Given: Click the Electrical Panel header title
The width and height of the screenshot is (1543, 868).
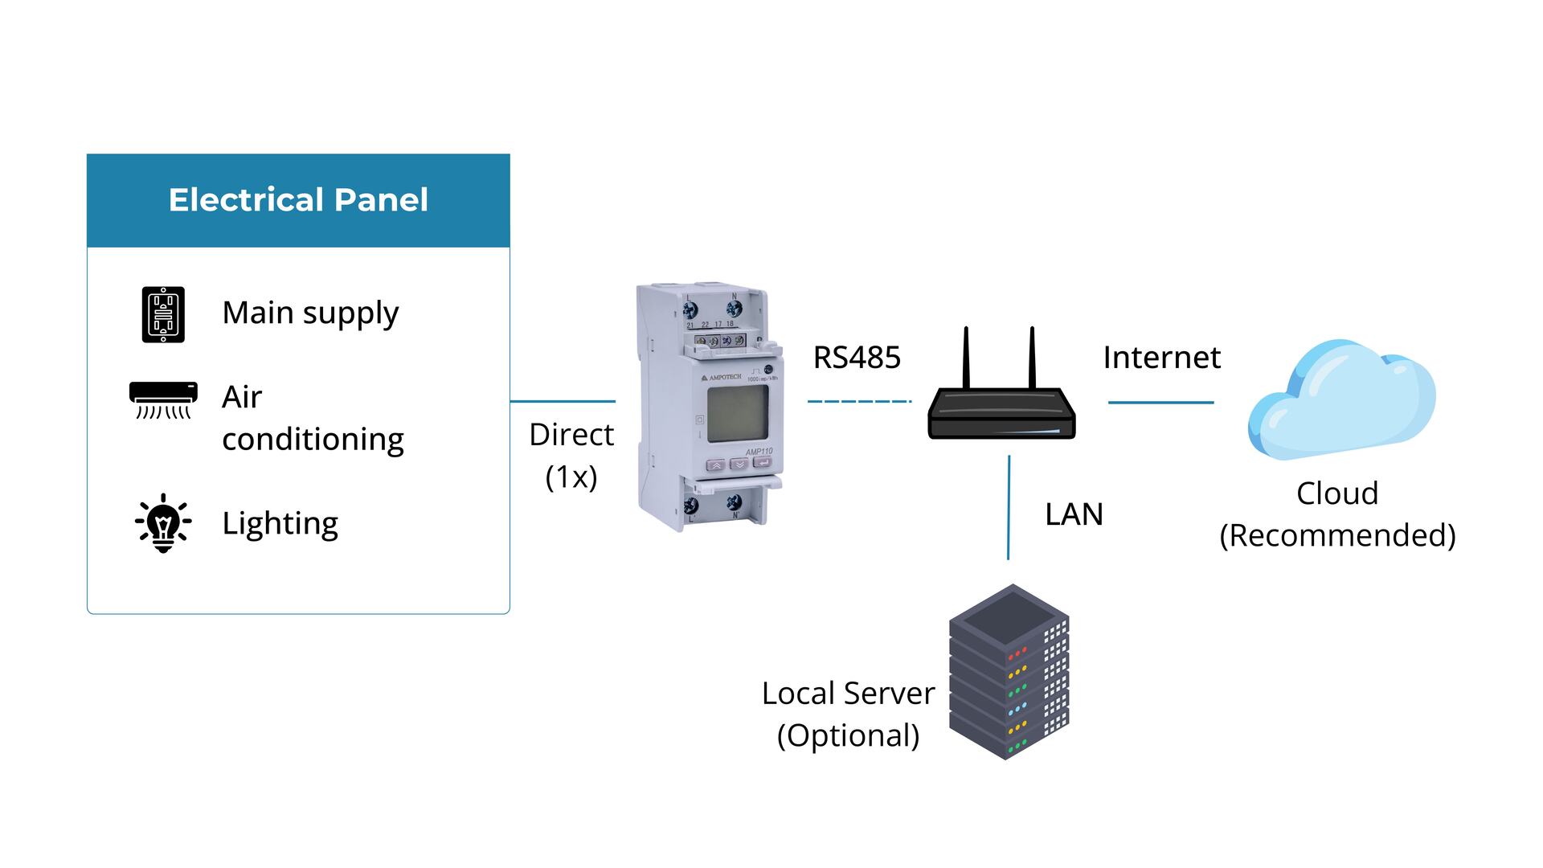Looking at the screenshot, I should point(298,200).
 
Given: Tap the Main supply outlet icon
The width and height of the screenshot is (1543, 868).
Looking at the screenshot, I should point(163,314).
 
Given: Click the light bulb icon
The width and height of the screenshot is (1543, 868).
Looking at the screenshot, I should point(163,523).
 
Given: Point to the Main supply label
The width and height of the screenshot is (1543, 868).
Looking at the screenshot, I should point(310,313).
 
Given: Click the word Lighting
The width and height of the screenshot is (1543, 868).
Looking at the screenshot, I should point(280,523).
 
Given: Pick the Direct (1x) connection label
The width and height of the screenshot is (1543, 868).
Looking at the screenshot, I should point(571,455).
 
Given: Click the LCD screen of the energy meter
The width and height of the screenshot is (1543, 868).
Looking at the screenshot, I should point(737,413).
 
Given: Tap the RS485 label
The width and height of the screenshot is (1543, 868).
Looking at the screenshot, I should point(857,358).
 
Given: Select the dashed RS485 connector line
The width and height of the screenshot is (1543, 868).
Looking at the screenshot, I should point(859,401).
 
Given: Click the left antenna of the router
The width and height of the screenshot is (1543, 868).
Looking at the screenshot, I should point(966,358).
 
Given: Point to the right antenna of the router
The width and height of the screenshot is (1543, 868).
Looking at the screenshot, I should point(1032,358).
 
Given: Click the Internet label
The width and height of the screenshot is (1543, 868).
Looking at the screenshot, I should point(1161,358).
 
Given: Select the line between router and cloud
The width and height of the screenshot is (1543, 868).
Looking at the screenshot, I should point(1160,402).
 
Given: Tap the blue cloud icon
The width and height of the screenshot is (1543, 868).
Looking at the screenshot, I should point(1340,399).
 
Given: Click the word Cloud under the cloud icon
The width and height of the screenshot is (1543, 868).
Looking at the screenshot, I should point(1337,493).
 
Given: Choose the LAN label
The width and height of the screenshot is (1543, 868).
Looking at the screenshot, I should point(1074,514).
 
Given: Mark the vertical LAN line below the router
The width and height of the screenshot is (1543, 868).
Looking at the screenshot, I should point(1009,507).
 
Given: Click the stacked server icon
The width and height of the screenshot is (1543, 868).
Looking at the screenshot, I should point(1009,672).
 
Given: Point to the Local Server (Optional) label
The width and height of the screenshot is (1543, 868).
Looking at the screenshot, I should point(848,714).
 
